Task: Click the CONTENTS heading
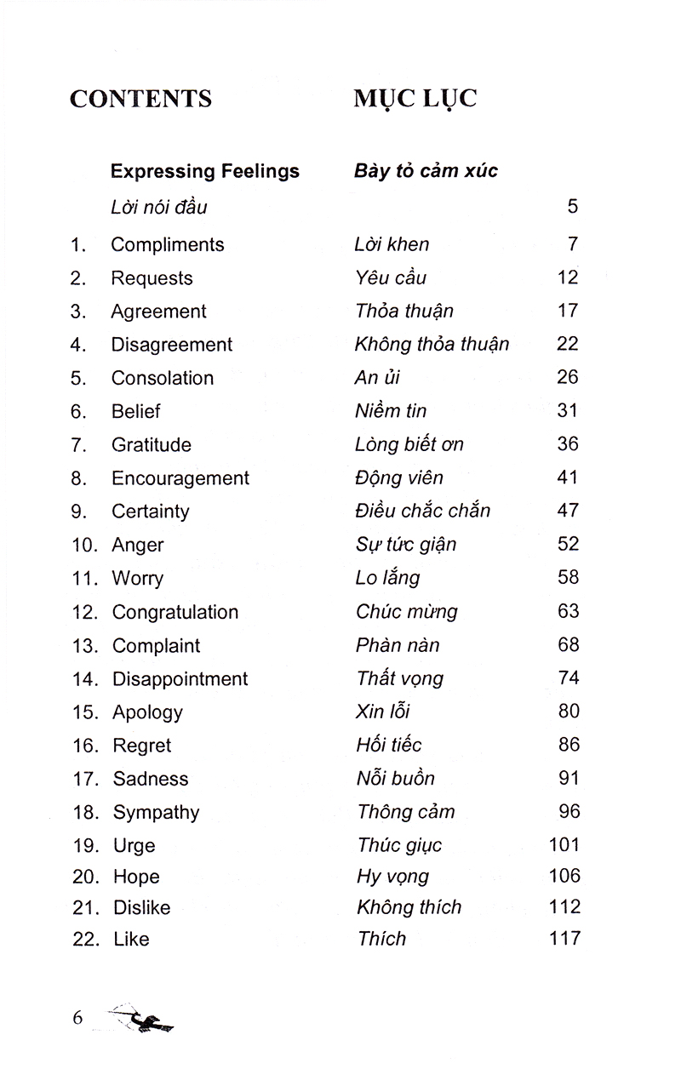[140, 99]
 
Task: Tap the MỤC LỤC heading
[415, 99]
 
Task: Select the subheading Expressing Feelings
[205, 171]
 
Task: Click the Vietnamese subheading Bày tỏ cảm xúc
[426, 171]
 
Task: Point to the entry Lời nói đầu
[159, 207]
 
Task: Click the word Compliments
[168, 245]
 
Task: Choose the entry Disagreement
[172, 345]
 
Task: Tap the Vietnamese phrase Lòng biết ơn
[409, 444]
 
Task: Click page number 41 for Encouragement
[568, 477]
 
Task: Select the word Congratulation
[175, 612]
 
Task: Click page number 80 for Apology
[568, 712]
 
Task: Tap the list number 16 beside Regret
[86, 746]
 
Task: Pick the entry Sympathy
[156, 813]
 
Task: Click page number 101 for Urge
[564, 845]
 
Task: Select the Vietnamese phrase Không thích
[409, 907]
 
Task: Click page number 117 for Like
[564, 939]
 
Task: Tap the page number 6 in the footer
[77, 1017]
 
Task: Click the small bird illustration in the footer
[145, 1019]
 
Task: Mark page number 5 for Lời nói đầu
[573, 206]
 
